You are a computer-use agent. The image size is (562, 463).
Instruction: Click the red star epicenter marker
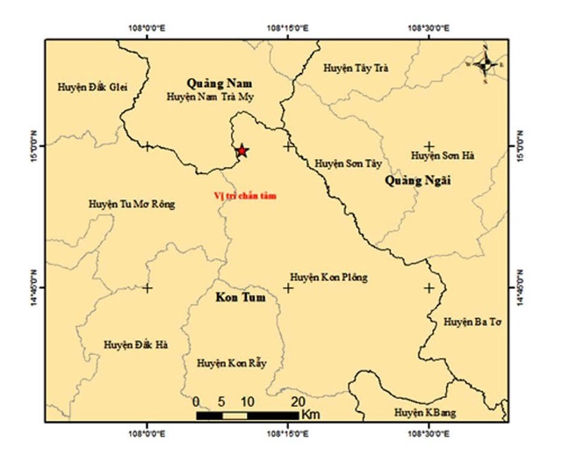coord(242,151)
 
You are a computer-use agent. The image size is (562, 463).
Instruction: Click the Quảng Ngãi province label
coord(417,181)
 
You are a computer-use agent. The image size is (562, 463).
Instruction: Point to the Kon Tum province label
coord(240,299)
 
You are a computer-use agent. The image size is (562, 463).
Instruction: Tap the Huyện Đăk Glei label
coord(91,87)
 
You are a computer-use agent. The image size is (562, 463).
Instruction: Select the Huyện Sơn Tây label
coord(349,163)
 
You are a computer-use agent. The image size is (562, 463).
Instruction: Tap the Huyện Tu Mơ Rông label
coord(132,204)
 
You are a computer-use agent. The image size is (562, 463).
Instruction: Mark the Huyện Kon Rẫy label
coord(231,363)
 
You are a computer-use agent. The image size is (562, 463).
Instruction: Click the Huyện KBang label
coord(425,412)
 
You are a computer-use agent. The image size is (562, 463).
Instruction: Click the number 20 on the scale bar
coord(298,402)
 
